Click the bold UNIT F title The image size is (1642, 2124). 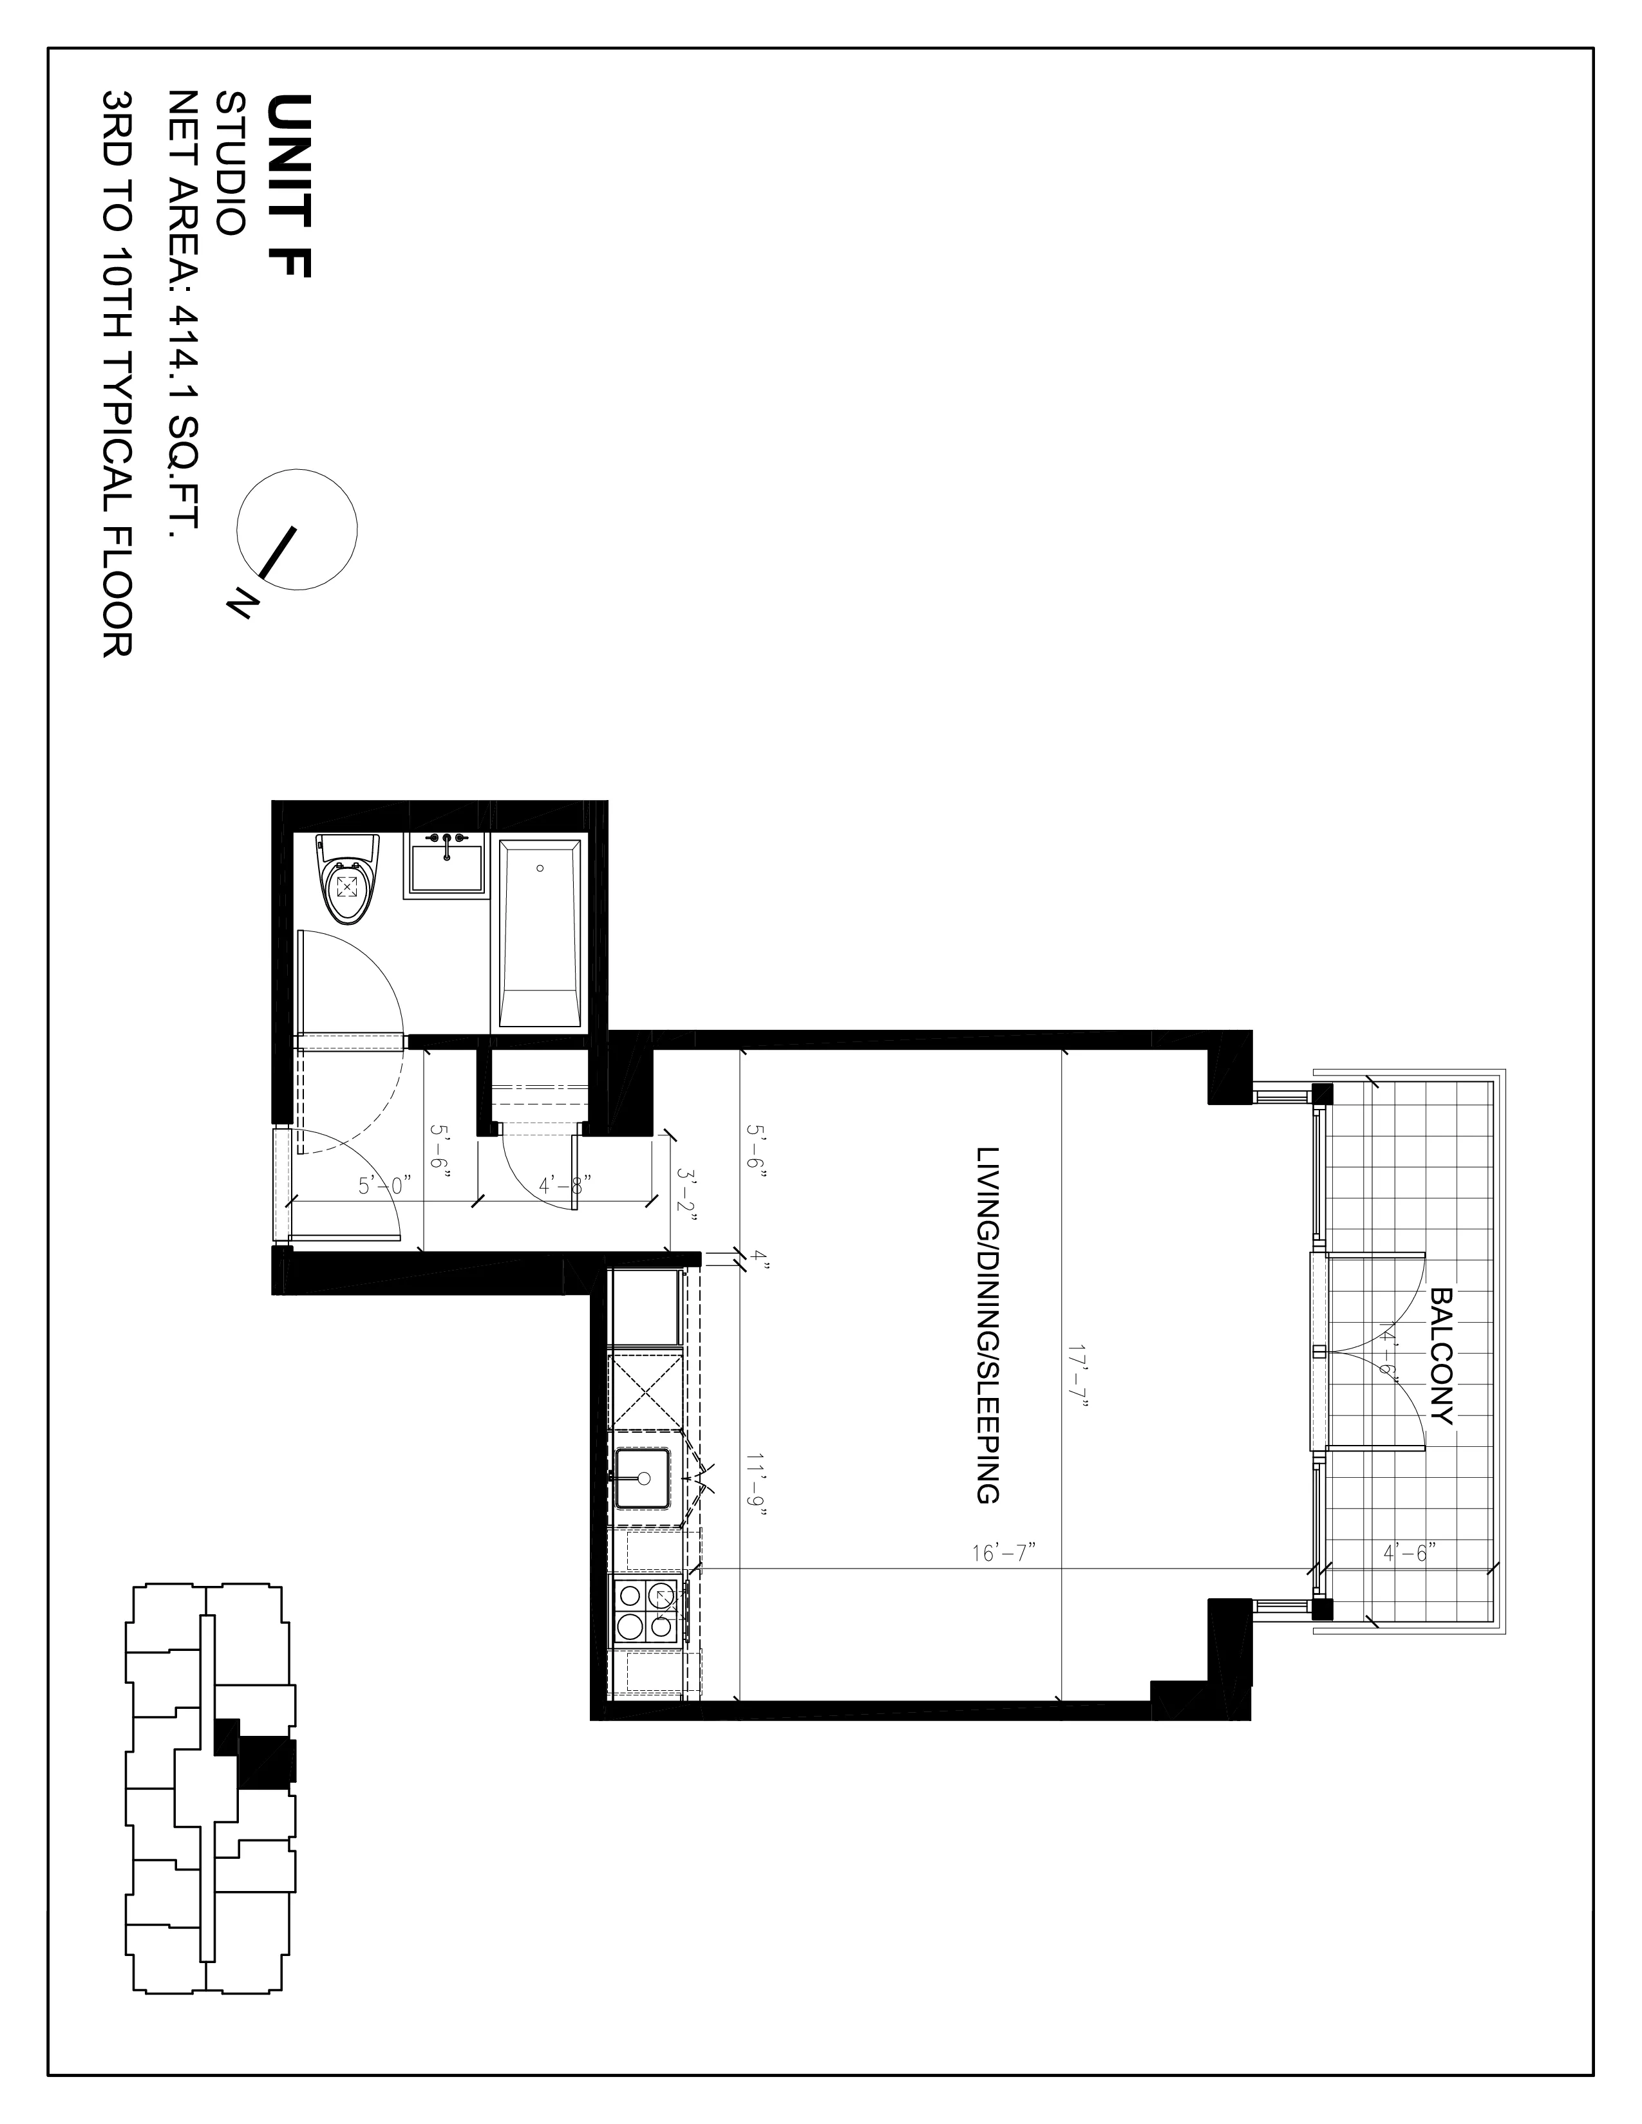289,186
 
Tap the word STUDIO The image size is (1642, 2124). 231,163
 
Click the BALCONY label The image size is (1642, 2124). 1442,1357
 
